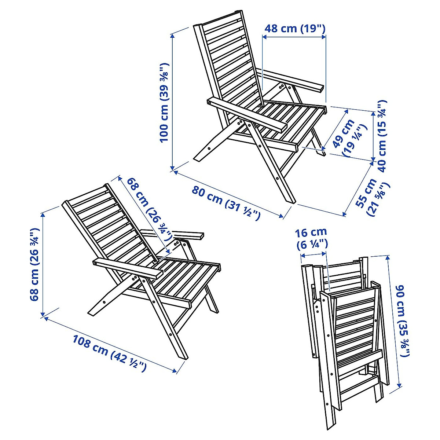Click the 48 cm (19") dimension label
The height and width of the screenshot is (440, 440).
click(295, 28)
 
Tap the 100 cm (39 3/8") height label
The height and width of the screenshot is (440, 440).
click(164, 103)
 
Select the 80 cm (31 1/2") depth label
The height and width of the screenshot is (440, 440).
click(226, 203)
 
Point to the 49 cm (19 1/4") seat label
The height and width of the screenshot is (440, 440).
click(349, 137)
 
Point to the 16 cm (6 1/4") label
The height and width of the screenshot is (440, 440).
click(311, 238)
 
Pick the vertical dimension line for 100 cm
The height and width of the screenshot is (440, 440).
click(172, 103)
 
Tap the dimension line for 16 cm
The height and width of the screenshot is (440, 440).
click(313, 253)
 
